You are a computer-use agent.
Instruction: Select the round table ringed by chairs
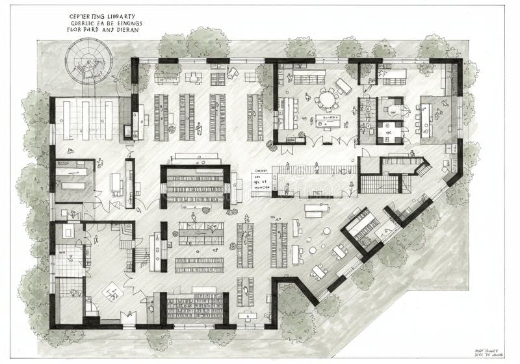pos(327,100)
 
